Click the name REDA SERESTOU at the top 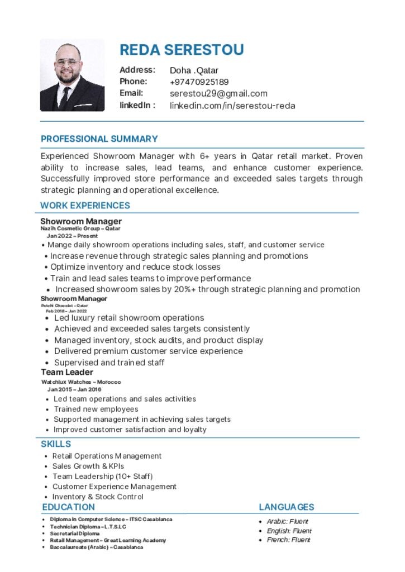click(182, 50)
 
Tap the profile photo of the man click(72, 75)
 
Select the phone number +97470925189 click(199, 82)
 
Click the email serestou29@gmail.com click(218, 93)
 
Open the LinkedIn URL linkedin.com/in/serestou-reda click(232, 106)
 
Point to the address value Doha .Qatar click(194, 70)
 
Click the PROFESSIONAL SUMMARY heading click(99, 139)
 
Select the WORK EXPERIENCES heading click(85, 205)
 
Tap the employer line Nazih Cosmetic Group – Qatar click(80, 228)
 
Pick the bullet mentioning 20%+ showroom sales click(207, 289)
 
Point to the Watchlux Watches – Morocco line click(81, 382)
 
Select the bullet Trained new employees click(96, 409)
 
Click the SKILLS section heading click(56, 444)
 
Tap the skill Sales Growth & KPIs click(88, 466)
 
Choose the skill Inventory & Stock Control click(98, 497)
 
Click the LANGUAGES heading click(286, 507)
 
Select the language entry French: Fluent click(288, 540)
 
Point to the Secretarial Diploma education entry click(74, 533)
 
